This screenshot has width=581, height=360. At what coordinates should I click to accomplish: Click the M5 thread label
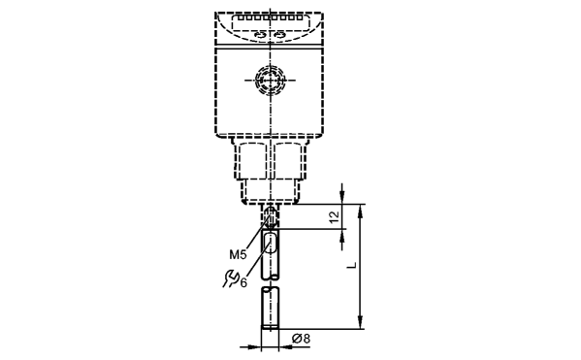pyautogui.click(x=238, y=254)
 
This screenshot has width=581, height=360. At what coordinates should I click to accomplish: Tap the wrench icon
pyautogui.click(x=231, y=278)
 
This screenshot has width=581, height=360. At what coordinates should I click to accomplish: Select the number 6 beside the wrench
pyautogui.click(x=243, y=283)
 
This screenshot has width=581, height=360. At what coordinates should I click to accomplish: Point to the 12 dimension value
pyautogui.click(x=335, y=217)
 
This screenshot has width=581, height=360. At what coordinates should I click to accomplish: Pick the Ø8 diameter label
pyautogui.click(x=301, y=339)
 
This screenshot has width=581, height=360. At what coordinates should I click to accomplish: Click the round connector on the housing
pyautogui.click(x=271, y=80)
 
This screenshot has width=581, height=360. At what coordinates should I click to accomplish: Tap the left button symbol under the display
pyautogui.click(x=261, y=35)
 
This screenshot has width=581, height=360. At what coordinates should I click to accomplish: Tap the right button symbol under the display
pyautogui.click(x=279, y=35)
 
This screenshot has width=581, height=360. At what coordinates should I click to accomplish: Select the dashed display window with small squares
pyautogui.click(x=271, y=22)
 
